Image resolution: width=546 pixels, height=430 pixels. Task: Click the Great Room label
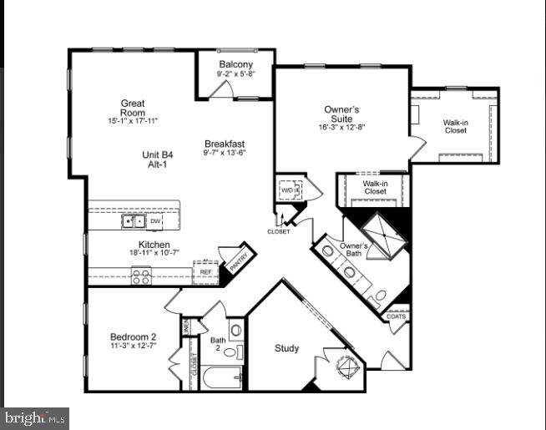click(x=133, y=108)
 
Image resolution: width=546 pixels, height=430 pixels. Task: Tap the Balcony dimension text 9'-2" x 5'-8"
click(x=236, y=74)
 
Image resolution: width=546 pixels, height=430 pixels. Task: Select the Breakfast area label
click(x=225, y=144)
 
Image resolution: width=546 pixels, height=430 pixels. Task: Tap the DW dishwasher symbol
click(x=155, y=221)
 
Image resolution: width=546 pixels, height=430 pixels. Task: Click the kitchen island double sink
click(x=133, y=221)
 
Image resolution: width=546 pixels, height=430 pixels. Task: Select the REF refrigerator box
click(x=205, y=271)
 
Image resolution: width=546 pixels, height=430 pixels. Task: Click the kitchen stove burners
click(x=141, y=276)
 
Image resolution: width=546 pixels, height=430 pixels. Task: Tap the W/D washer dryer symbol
click(x=289, y=188)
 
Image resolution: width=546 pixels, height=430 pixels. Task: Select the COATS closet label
click(x=397, y=316)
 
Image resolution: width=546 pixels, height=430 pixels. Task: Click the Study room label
click(x=286, y=348)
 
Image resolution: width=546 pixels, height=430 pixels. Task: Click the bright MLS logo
click(x=35, y=417)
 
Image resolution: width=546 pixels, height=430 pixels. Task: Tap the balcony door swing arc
click(x=220, y=90)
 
